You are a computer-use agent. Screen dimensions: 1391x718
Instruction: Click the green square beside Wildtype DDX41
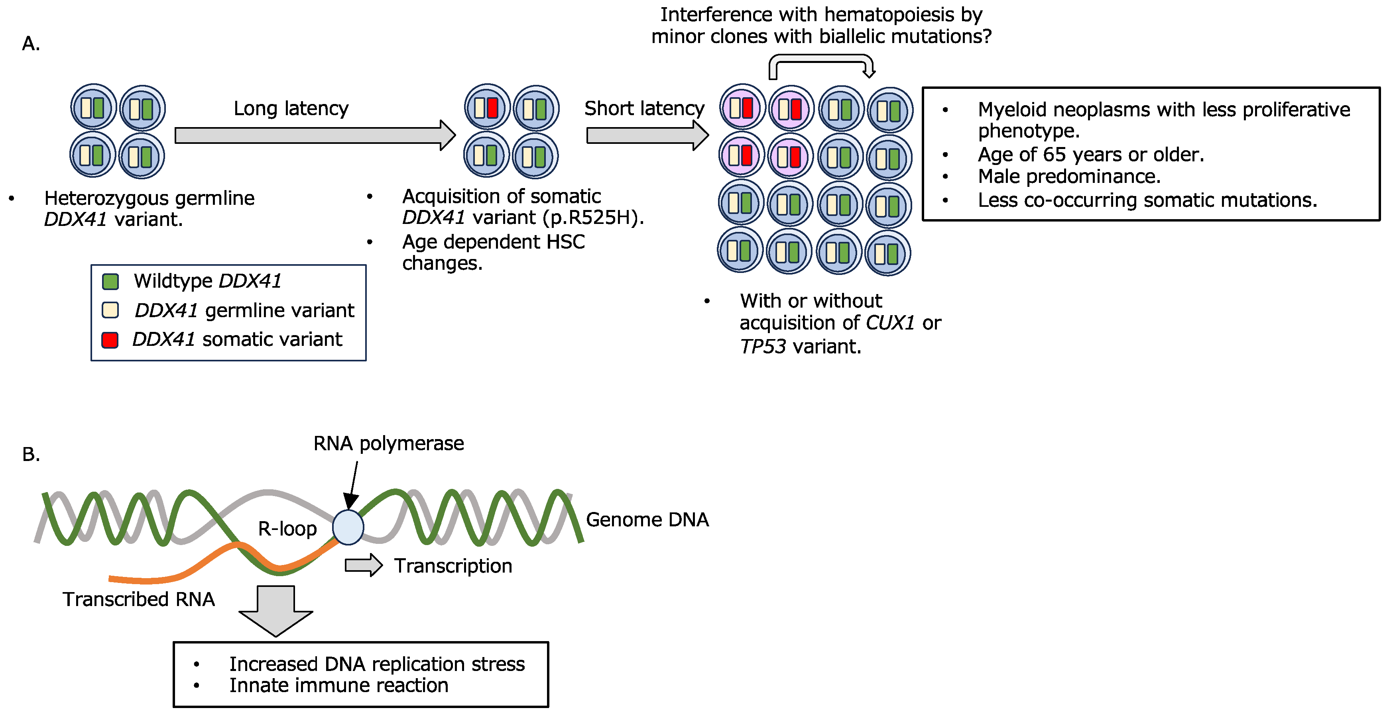[x=110, y=281]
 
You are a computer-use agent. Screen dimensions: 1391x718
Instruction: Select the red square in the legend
[x=110, y=340]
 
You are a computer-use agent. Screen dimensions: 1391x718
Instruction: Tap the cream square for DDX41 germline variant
[x=110, y=310]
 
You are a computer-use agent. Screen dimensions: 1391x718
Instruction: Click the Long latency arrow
[x=315, y=135]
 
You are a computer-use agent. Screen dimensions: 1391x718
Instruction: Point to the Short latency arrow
[x=647, y=135]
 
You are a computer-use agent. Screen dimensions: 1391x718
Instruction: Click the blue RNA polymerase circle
[x=348, y=528]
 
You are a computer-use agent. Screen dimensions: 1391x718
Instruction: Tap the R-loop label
[x=287, y=529]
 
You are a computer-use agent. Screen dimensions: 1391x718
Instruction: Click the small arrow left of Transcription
[x=364, y=565]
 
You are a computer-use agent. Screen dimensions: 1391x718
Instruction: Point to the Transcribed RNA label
[x=139, y=599]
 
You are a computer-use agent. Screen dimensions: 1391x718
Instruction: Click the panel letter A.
[x=31, y=44]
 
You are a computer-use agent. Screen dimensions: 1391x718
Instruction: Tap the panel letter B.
[x=31, y=455]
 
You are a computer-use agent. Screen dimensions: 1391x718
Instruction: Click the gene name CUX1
[x=890, y=323]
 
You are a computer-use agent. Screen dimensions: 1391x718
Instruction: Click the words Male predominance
[x=1069, y=177]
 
